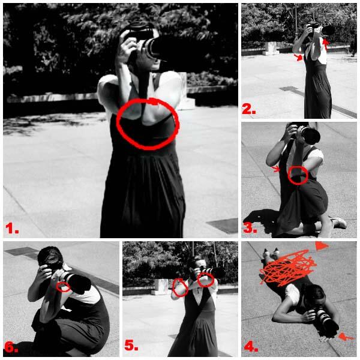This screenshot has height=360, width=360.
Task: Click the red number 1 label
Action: point(12,228)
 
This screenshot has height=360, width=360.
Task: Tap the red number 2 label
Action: point(249,109)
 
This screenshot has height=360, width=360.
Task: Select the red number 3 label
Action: point(250,228)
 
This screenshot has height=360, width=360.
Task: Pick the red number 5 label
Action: point(131,345)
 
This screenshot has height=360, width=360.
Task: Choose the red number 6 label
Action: point(11,347)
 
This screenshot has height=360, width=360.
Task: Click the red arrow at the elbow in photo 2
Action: point(298,58)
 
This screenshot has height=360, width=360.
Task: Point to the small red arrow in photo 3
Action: point(275,169)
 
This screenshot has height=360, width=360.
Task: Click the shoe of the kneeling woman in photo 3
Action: point(339,222)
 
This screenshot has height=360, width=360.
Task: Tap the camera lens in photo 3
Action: point(310,136)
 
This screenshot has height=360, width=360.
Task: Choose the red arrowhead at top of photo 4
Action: point(322,246)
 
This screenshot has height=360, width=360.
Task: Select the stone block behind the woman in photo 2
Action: point(271,49)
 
